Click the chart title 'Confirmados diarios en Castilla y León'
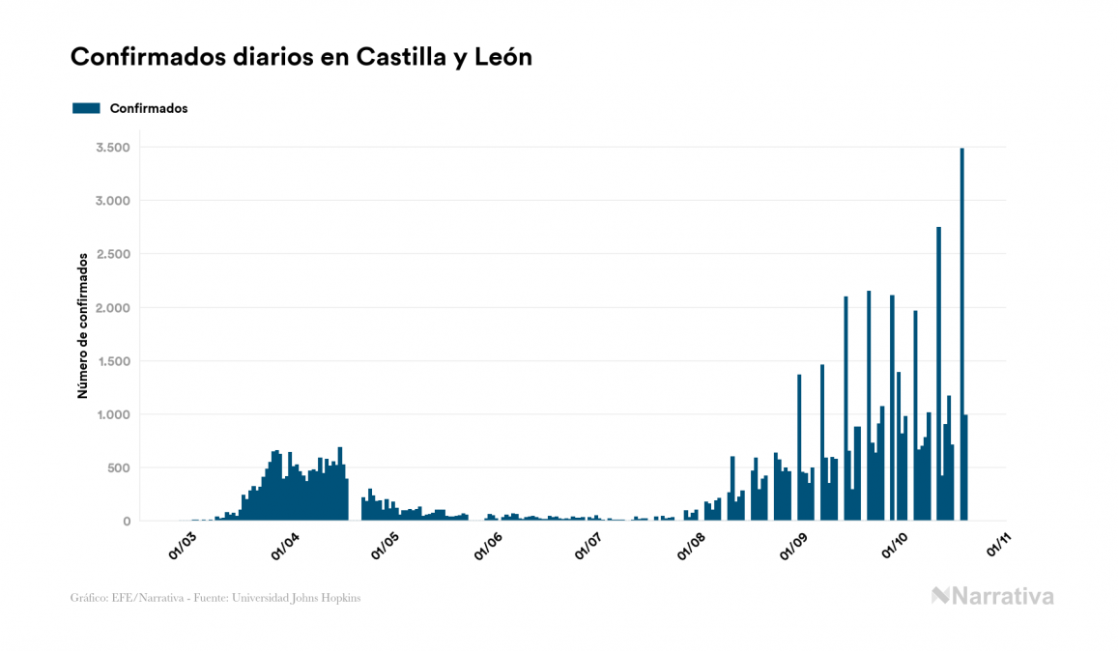(301, 58)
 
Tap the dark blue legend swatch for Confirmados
(86, 108)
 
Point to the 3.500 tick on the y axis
(113, 148)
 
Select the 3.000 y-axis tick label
(113, 201)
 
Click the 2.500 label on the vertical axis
(113, 254)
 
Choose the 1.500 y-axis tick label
(113, 361)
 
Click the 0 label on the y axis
(126, 522)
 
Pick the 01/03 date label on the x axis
(183, 547)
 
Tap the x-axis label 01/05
(386, 547)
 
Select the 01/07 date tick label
(588, 547)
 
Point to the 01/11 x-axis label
(997, 547)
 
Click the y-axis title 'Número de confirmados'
(83, 325)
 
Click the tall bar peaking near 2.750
(938, 377)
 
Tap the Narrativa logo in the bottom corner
(992, 596)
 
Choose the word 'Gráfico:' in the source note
(89, 598)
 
